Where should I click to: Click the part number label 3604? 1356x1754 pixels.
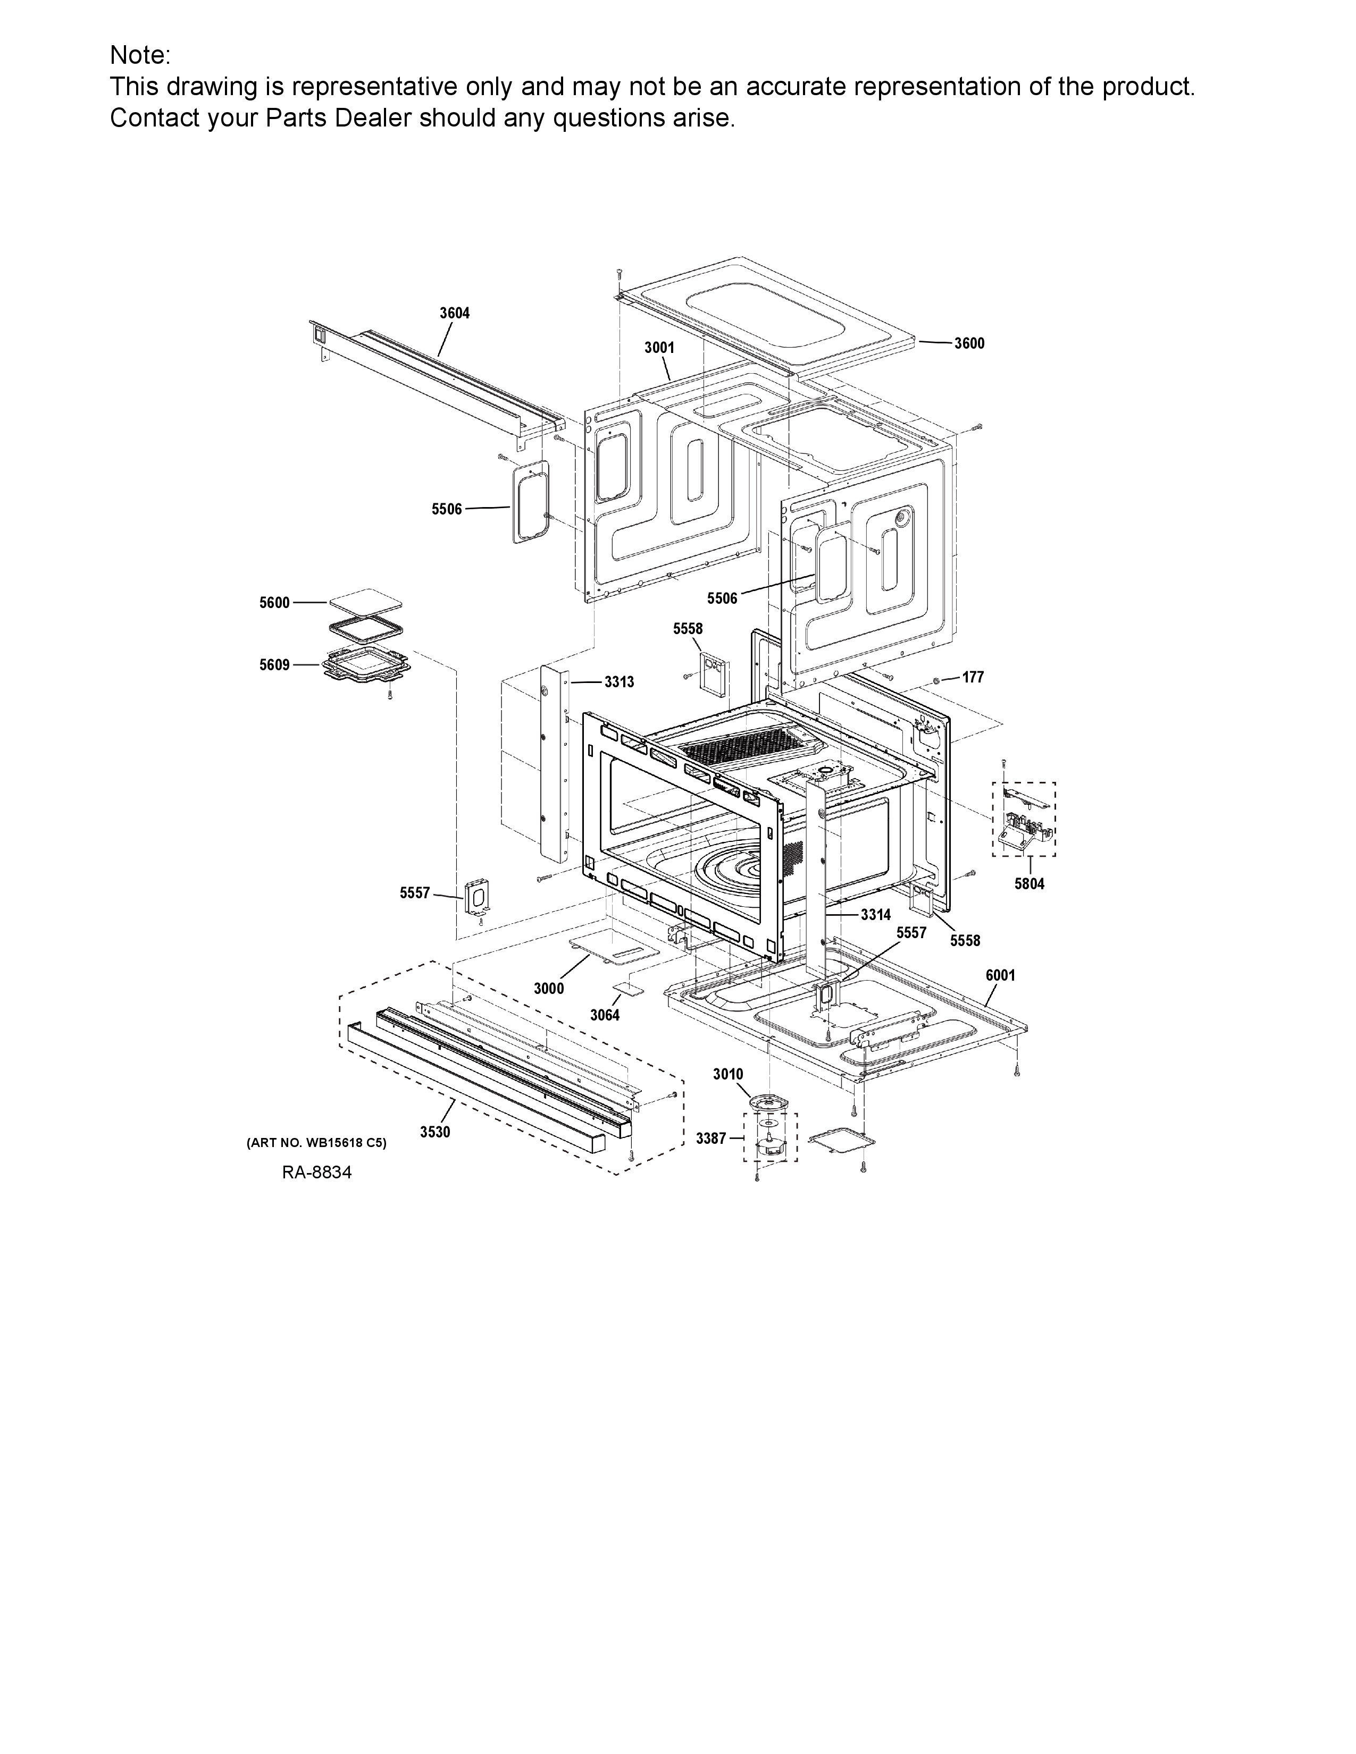coord(454,313)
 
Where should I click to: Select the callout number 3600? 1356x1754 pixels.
coord(969,344)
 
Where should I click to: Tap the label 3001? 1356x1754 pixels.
coord(659,348)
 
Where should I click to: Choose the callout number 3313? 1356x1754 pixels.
coord(620,682)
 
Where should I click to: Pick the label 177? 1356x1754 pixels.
coord(973,678)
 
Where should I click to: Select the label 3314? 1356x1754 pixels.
coord(876,915)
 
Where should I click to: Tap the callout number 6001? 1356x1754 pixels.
coord(1000,976)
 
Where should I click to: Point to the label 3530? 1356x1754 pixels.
coord(434,1132)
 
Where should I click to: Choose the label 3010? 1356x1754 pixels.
coord(728,1075)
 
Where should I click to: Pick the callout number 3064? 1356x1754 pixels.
coord(605,1016)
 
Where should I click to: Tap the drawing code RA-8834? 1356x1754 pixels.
coord(316,1173)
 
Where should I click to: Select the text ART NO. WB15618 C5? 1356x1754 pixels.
coord(316,1143)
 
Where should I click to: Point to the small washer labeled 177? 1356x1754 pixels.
coord(938,680)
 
